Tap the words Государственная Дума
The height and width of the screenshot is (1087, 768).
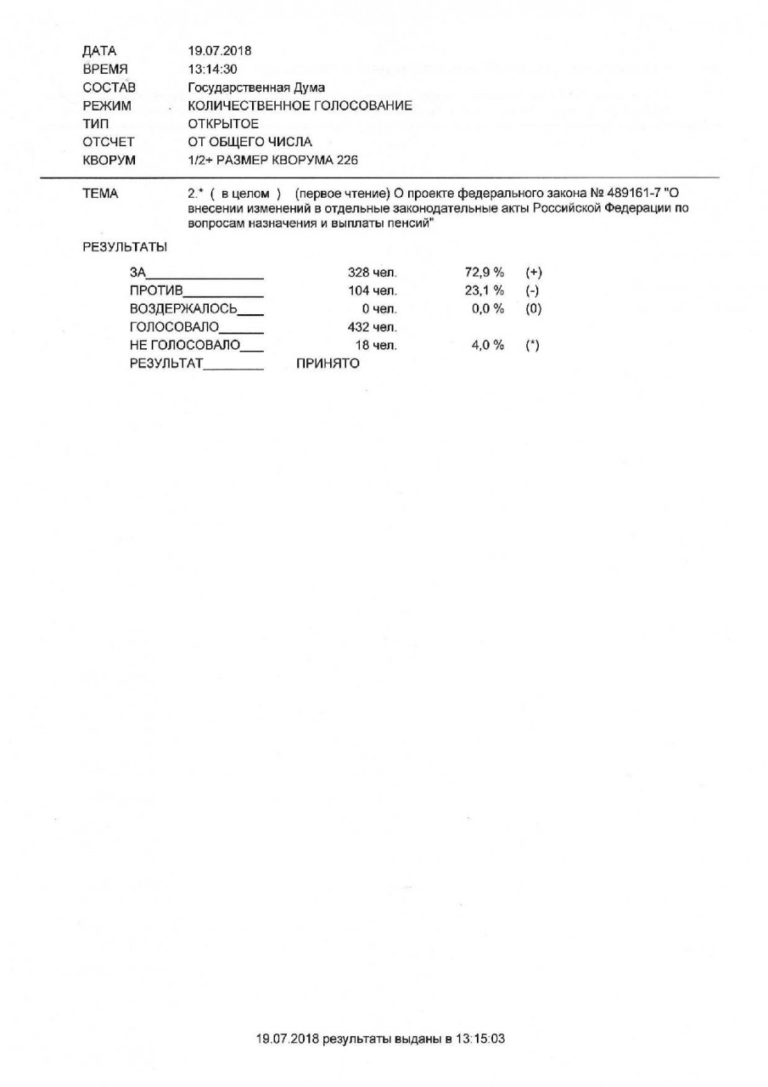(256, 87)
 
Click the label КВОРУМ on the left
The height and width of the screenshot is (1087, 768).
(109, 160)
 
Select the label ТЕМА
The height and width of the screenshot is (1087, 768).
(100, 194)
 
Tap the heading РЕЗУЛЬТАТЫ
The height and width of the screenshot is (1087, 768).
(125, 247)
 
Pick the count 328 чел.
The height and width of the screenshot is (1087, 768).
(373, 273)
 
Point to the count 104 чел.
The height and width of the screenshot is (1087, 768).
(373, 291)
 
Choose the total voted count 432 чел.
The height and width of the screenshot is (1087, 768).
(373, 327)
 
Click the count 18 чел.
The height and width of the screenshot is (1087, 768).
(376, 346)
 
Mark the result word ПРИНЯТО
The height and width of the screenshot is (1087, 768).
(328, 363)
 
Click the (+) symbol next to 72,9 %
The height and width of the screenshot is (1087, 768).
(533, 273)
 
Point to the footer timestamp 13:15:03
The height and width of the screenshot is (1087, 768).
(480, 1039)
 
